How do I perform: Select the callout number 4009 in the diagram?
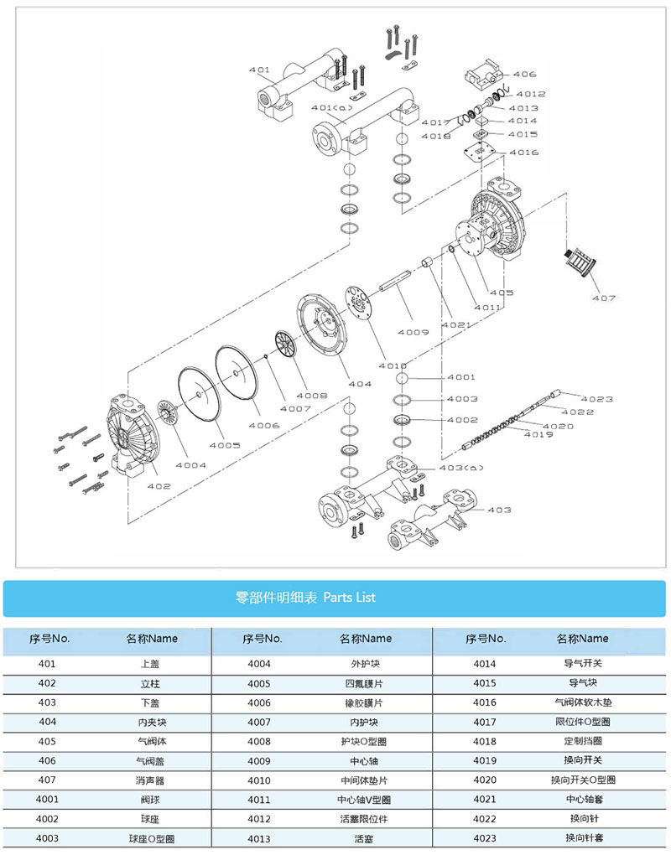(413, 332)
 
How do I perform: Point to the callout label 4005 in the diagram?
(224, 445)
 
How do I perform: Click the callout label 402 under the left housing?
(159, 486)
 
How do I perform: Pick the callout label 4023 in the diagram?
(597, 398)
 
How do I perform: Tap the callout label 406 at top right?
(524, 75)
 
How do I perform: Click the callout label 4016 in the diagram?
(523, 153)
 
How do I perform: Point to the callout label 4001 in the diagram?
(461, 377)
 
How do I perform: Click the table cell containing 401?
(47, 664)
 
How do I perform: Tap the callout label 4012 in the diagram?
(530, 95)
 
